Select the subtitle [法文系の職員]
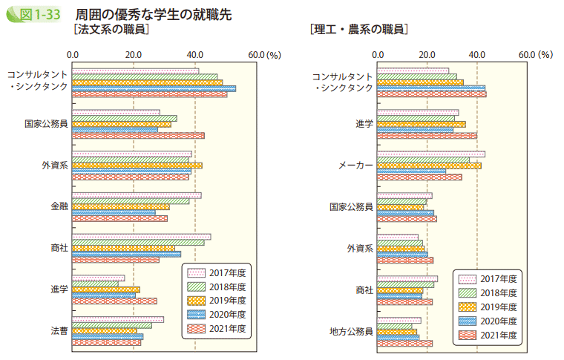108,30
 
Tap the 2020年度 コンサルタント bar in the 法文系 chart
154,88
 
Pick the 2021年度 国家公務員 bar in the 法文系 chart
138,136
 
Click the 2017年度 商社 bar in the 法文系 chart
142,237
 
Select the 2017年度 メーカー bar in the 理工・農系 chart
431,154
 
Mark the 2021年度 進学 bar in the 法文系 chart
114,301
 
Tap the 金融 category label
59,206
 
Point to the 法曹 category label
59,331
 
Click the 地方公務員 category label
352,331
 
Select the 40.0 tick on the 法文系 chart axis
195,54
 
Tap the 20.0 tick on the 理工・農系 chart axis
427,54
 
